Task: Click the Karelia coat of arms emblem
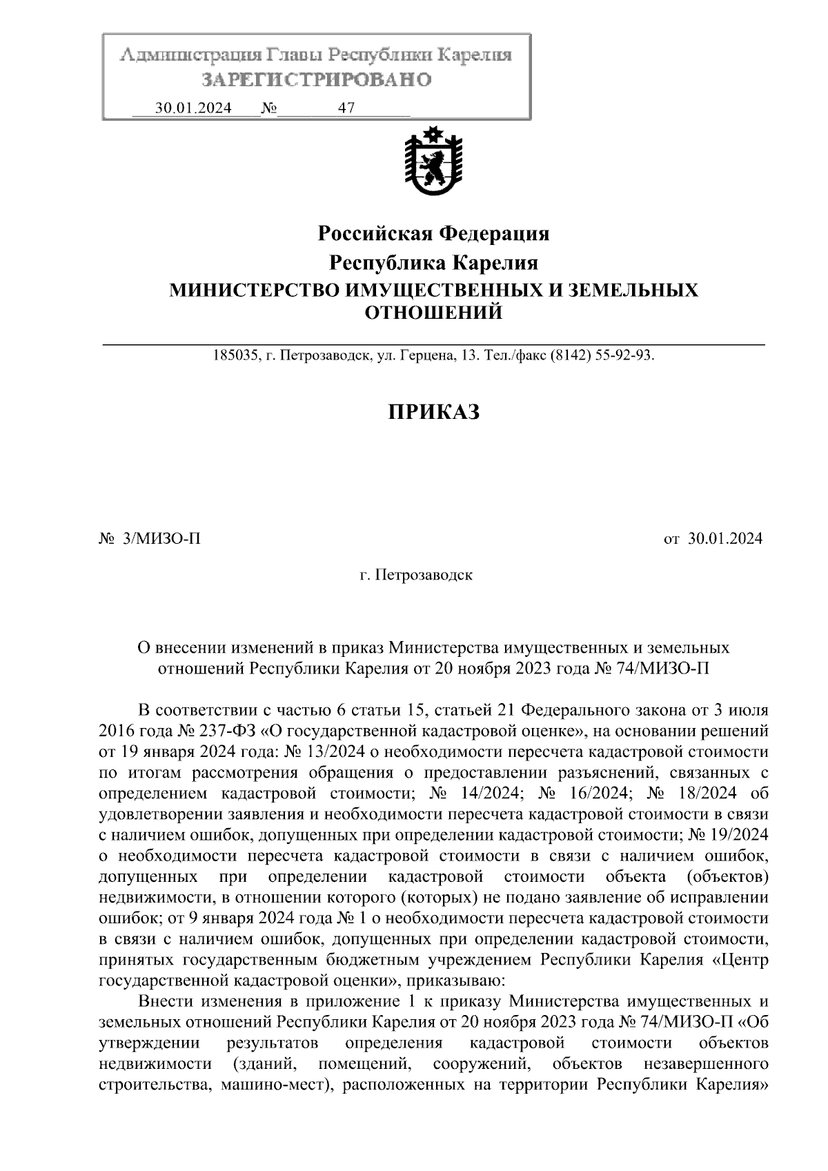click(433, 162)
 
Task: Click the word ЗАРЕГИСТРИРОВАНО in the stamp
click(317, 80)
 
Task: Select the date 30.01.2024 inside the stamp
click(193, 108)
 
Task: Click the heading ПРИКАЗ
click(433, 412)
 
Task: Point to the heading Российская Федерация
click(433, 234)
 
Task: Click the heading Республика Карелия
click(433, 263)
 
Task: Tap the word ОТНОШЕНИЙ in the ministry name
click(433, 313)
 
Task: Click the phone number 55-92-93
click(624, 356)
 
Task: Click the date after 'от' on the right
click(724, 538)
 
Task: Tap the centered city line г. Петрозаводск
click(416, 574)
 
